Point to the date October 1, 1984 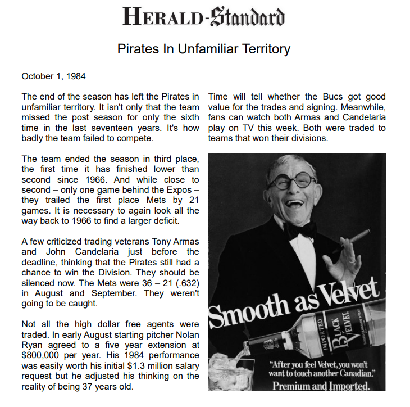coord(53,76)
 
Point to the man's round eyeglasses coord(291,180)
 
